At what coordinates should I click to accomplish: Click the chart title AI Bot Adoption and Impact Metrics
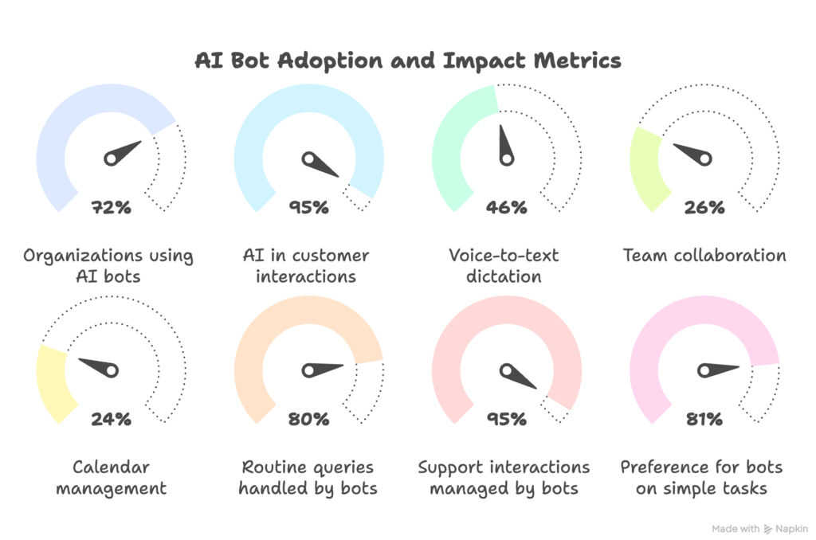[x=407, y=61]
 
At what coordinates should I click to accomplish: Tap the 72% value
[x=112, y=208]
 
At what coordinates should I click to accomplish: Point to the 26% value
[x=704, y=208]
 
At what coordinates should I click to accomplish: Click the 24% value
[x=112, y=418]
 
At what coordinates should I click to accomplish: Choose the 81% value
[x=704, y=418]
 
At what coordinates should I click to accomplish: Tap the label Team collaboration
[x=704, y=256]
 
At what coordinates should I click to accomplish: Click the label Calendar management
[x=112, y=477]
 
